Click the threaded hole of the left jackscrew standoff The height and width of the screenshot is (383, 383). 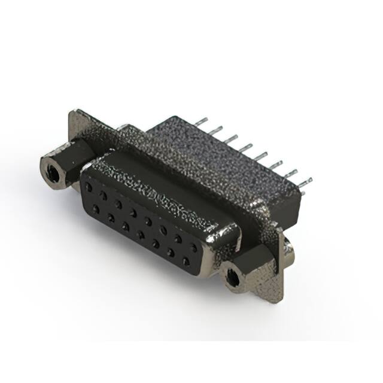coord(52,172)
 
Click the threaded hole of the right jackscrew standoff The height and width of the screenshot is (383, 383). coord(233,277)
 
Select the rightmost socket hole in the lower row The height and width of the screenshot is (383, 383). coord(186,262)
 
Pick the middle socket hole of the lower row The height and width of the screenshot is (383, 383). coord(141,235)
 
